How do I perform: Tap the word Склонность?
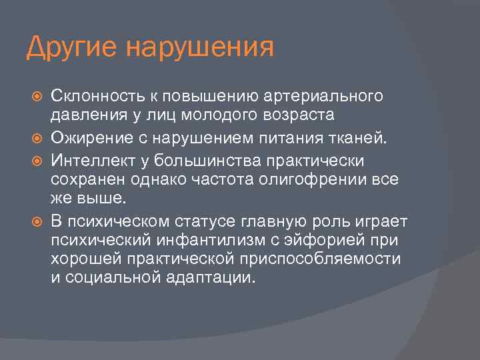pos(97,97)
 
